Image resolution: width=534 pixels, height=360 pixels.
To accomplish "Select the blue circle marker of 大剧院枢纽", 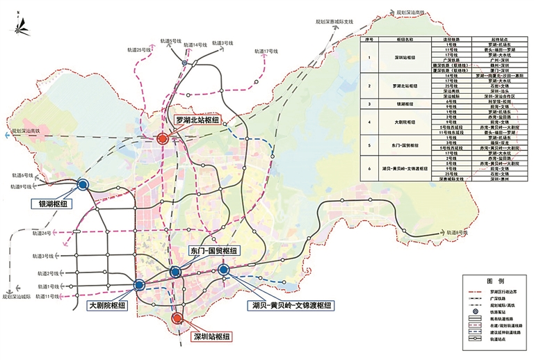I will (139, 284).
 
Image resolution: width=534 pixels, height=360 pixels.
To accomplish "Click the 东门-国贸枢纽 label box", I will (213, 251).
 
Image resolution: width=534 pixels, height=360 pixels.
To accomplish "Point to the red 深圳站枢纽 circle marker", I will (177, 318).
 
